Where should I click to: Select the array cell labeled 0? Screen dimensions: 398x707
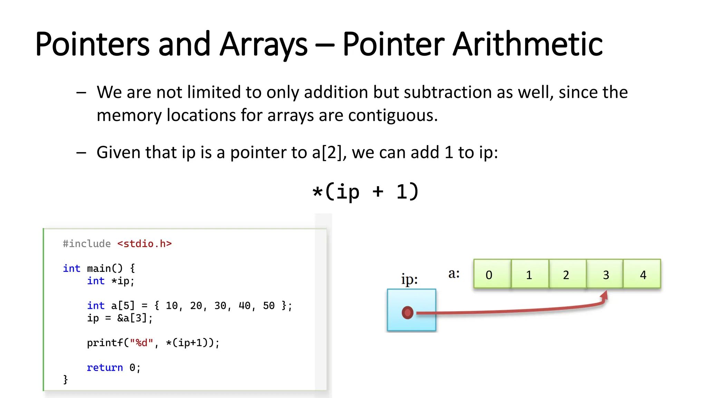click(x=492, y=274)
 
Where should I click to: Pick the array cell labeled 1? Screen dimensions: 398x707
click(x=529, y=274)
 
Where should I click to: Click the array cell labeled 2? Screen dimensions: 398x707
click(x=566, y=274)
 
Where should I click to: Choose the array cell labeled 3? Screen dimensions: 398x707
click(x=605, y=274)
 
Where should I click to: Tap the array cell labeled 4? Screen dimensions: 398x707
click(x=642, y=274)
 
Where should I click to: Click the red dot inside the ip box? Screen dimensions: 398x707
click(x=408, y=312)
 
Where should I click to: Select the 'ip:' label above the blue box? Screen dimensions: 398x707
click(x=409, y=279)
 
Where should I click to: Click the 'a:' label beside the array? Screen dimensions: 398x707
click(x=454, y=273)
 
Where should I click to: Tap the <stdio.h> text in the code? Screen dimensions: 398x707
click(x=144, y=244)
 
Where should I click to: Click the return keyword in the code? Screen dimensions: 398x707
click(x=105, y=367)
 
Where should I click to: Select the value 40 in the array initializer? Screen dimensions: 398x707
click(x=244, y=305)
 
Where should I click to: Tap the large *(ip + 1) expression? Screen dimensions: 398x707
click(x=365, y=192)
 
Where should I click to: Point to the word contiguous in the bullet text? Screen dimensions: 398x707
click(x=393, y=115)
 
